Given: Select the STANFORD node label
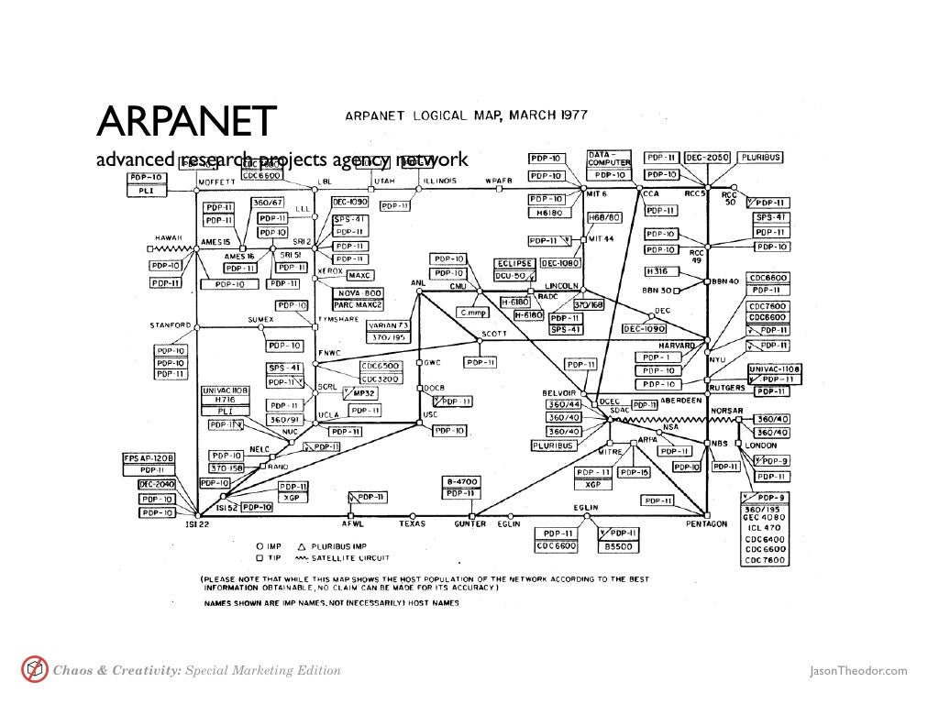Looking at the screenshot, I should point(171,324).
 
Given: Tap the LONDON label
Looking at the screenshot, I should point(755,445).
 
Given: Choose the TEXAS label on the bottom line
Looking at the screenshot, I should point(411,524).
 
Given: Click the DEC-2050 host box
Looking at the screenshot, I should point(704,157).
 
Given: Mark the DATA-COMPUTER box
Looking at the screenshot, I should point(610,158).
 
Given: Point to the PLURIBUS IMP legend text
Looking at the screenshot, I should point(346,545).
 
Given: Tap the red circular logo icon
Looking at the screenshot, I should point(34,670).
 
